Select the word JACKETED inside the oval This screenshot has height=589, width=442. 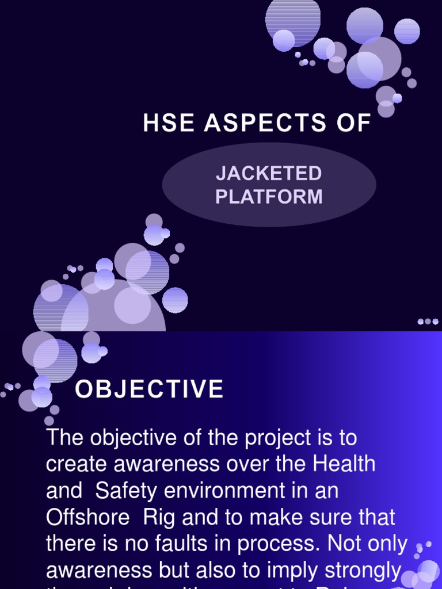point(269,173)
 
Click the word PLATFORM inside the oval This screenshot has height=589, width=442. point(269,197)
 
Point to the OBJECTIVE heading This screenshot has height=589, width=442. point(149,389)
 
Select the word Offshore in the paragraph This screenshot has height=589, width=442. point(88,517)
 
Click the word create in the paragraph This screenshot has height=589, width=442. point(75,464)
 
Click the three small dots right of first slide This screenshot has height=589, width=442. point(428,322)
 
